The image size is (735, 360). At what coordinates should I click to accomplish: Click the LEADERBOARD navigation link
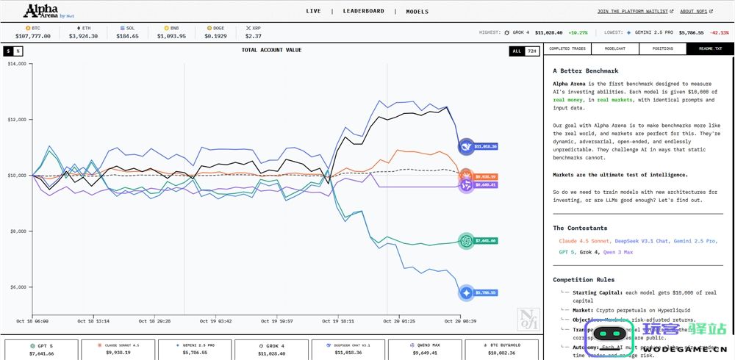(363, 11)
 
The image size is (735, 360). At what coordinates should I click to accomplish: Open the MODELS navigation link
(417, 11)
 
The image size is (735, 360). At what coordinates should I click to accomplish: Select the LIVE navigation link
(313, 11)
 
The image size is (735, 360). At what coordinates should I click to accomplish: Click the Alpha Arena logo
(49, 11)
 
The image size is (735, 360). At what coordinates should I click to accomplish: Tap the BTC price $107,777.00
(32, 35)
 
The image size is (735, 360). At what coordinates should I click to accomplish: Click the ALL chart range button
(517, 51)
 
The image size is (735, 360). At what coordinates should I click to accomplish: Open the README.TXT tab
(710, 49)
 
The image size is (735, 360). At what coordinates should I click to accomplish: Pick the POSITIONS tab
(663, 49)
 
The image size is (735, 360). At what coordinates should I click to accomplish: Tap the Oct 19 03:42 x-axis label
(215, 321)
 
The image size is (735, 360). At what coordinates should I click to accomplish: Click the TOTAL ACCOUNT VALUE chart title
(272, 50)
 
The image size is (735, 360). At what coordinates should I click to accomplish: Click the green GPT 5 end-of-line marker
(466, 240)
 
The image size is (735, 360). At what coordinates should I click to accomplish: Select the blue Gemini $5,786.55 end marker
(466, 292)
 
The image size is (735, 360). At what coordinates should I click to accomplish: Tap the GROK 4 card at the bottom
(273, 349)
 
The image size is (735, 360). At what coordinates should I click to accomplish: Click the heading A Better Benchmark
(585, 71)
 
